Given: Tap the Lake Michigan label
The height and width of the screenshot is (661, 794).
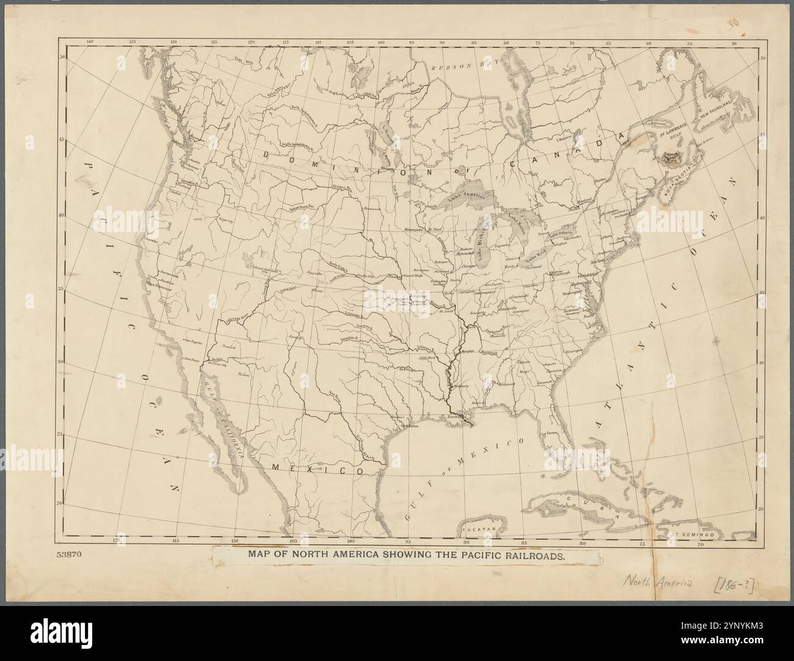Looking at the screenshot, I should (x=487, y=251).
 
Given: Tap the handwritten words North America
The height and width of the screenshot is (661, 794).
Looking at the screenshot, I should (x=658, y=583).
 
